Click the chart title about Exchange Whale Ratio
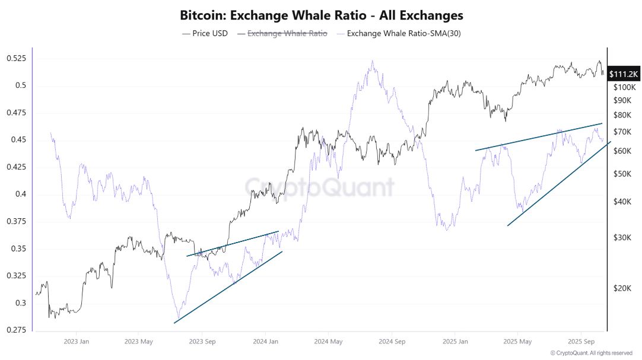tap(321, 15)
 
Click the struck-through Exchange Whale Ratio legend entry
tap(287, 33)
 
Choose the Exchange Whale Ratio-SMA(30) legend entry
tap(403, 33)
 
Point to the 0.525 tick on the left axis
tap(16, 59)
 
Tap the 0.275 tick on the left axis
tap(16, 330)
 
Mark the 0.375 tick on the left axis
tap(16, 221)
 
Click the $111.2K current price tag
tap(624, 74)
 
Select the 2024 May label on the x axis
tap(328, 342)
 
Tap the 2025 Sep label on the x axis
tap(581, 342)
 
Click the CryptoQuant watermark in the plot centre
tap(320, 187)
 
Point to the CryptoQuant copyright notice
tap(591, 353)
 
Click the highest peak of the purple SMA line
tap(372, 60)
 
